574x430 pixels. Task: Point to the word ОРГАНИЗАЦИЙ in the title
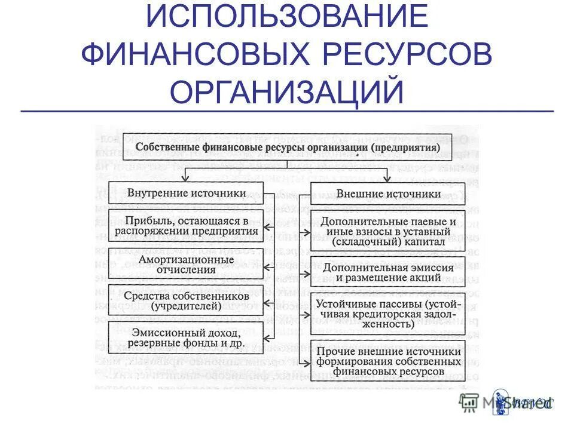pyautogui.click(x=287, y=92)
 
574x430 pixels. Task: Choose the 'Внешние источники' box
pyautogui.click(x=388, y=193)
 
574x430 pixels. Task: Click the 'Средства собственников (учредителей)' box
pyautogui.click(x=186, y=301)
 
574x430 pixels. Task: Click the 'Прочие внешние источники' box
pyautogui.click(x=388, y=361)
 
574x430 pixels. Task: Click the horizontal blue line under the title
pyautogui.click(x=287, y=112)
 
